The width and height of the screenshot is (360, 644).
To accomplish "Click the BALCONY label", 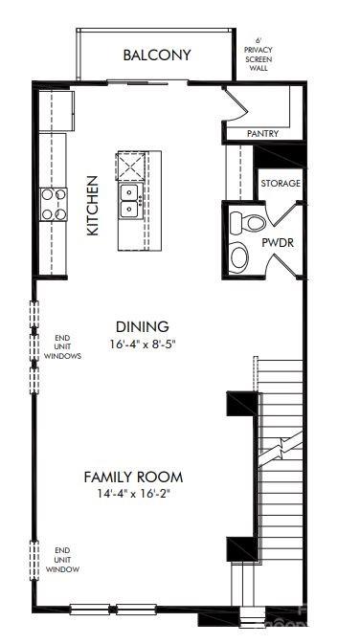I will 157,56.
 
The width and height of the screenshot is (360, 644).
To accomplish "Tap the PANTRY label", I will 262,134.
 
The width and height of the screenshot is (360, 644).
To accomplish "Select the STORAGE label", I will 281,183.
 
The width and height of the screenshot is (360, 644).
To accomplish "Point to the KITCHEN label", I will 93,205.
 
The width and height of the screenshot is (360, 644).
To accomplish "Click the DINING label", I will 142,326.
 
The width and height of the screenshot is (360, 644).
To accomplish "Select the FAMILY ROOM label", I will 133,477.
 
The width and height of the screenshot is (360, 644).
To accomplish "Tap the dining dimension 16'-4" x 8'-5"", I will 142,343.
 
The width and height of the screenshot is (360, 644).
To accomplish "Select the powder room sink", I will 240,255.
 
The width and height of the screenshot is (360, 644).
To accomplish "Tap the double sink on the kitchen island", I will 130,199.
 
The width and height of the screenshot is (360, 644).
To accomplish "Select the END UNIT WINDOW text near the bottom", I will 64,560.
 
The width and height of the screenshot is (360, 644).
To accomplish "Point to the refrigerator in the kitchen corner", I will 56,109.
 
